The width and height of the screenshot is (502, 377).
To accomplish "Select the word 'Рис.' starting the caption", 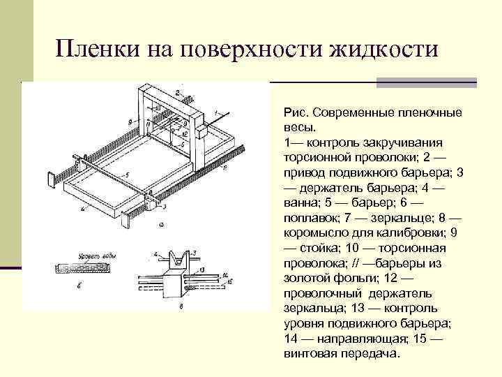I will point(296,112).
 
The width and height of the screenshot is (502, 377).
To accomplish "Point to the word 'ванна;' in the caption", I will point(301,203).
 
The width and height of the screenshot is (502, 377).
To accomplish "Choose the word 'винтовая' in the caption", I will point(306,354).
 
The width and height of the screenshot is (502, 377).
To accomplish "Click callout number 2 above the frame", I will point(177,91).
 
